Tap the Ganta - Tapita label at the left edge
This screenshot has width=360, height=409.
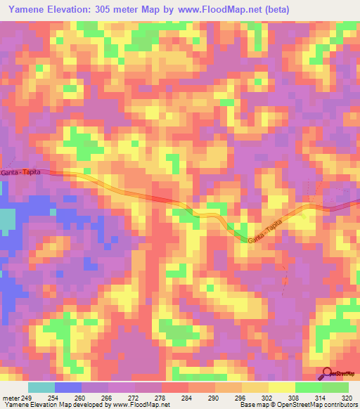pyautogui.click(x=22, y=172)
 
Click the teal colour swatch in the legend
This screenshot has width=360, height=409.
pyautogui.click(x=41, y=387)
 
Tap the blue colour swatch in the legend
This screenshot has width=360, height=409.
pyautogui.click(x=68, y=387)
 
